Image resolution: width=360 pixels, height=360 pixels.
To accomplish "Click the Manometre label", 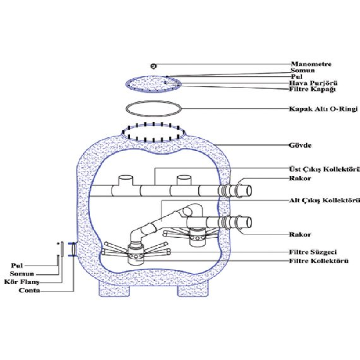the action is point(311,64).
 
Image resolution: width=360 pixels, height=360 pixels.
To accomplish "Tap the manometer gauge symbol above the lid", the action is point(153,66).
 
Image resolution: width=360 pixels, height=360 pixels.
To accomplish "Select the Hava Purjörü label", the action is point(313,83).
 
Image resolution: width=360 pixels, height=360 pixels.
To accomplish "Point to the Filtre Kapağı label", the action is point(312,89).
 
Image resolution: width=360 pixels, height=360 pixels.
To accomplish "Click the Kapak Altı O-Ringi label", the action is point(323,108).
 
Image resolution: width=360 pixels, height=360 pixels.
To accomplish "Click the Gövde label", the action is point(300,145).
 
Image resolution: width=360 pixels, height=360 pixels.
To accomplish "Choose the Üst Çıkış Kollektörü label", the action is point(324,169).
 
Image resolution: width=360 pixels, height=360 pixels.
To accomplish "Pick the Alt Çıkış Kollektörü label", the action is point(324,201).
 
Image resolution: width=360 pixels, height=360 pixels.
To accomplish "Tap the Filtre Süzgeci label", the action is point(313,252).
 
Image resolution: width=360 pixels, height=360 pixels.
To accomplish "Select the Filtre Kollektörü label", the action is point(319,261).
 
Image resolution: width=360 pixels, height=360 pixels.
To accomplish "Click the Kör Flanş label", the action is point(22,282).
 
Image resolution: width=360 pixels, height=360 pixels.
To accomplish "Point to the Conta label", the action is point(29,291).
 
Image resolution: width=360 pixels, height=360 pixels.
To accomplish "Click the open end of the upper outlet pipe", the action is point(249,191).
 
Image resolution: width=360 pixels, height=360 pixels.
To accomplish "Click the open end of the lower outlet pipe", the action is point(249,223).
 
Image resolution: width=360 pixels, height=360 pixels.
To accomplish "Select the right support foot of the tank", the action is point(193,291).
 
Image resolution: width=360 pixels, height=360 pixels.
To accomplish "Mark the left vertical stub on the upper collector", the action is point(126,180).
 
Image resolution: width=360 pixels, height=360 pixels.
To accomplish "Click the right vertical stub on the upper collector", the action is point(184,180).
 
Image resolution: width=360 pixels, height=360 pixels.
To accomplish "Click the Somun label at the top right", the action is point(303,71).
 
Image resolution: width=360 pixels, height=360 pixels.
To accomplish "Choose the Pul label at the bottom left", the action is point(17,266).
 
